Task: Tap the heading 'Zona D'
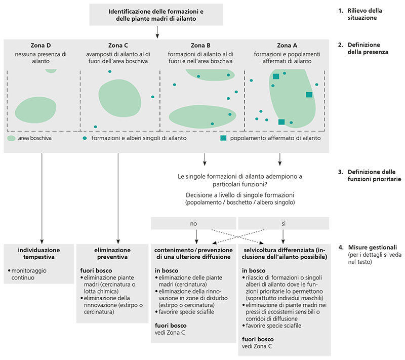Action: pyautogui.click(x=41, y=45)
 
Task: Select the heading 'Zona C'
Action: pyautogui.click(x=118, y=45)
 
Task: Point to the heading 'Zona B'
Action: pyautogui.click(x=201, y=45)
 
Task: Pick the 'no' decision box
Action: pyautogui.click(x=193, y=223)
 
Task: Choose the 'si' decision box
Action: pyautogui.click(x=283, y=223)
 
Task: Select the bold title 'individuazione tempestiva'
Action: pyautogui.click(x=39, y=254)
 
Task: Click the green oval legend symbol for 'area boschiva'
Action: pyautogui.click(x=12, y=138)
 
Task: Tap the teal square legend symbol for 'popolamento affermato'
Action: pyautogui.click(x=223, y=138)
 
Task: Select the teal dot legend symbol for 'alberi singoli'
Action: pyautogui.click(x=85, y=138)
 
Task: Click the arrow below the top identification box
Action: pyautogui.click(x=157, y=32)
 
